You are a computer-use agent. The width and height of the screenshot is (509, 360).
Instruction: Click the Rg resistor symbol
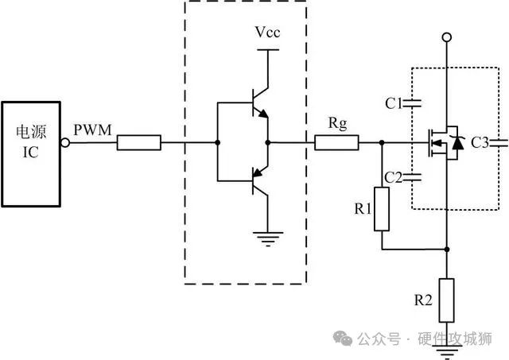point(336,143)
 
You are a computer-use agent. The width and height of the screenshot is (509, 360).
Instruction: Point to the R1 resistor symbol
point(383,209)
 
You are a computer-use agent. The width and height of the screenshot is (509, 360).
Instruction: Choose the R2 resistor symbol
point(447,298)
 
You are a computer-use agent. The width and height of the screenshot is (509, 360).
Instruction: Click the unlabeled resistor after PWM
point(139,143)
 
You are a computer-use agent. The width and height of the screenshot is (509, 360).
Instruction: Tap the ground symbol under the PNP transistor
point(267,234)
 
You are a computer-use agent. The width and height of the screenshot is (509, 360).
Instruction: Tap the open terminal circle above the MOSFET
point(447,37)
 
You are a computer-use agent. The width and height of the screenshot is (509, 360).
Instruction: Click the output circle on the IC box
point(65,143)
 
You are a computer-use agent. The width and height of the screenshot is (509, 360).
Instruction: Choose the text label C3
point(480,143)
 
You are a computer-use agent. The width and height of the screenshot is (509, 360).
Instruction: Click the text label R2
point(423,300)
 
